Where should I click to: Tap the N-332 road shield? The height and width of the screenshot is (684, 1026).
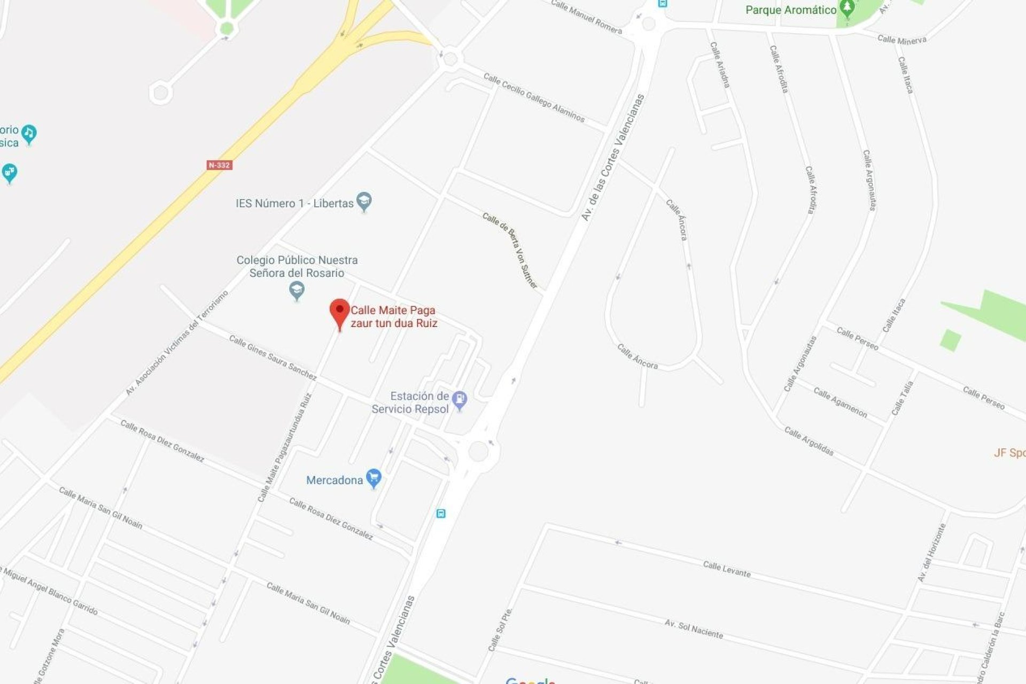coord(219,165)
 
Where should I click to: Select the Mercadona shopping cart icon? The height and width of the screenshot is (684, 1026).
coord(374,478)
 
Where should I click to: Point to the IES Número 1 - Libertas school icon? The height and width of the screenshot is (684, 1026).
coord(364,201)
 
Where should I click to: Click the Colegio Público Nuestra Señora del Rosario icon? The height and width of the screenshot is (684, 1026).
coord(297,290)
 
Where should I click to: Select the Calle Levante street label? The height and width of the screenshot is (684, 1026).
coord(726,569)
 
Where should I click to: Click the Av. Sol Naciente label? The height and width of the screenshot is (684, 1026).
coord(694,629)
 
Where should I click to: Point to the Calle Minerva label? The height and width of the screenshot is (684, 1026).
coord(901,40)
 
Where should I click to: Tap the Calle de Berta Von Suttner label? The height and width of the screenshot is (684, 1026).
coord(510,250)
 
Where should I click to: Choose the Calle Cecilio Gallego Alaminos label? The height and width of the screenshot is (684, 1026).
coord(534,97)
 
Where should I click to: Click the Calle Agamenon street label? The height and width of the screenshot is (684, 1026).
coord(840,402)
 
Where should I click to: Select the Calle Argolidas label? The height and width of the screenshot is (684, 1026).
coord(809,441)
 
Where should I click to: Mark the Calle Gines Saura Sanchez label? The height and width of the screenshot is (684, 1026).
coord(273,357)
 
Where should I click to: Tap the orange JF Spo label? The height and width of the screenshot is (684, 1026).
coord(1009,453)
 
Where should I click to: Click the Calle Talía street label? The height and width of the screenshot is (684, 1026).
coord(902,398)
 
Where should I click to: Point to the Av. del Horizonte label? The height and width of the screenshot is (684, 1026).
coord(931,553)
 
